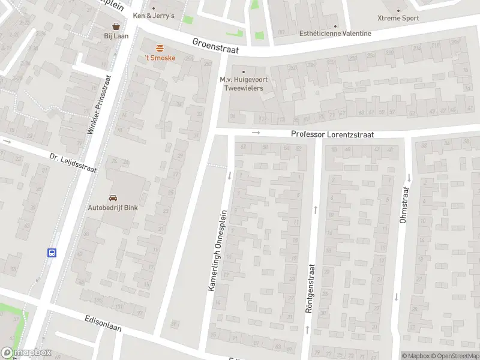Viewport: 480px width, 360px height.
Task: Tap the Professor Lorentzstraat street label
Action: (332, 134)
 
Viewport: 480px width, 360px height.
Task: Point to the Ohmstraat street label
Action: (403, 205)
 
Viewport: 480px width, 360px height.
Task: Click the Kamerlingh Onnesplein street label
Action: (218, 250)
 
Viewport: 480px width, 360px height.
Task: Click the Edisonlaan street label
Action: (104, 322)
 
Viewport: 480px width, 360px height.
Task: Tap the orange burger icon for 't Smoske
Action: (159, 47)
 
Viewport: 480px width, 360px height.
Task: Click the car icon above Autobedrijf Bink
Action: (113, 197)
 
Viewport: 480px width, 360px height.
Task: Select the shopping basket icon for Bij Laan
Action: (116, 26)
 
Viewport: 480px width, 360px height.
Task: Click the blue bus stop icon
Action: (52, 253)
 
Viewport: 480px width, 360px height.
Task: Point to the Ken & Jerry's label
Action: (154, 16)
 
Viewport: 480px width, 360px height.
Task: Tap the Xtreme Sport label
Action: (398, 18)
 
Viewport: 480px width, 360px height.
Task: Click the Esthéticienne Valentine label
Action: (335, 34)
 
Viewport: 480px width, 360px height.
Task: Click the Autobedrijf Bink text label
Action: (113, 208)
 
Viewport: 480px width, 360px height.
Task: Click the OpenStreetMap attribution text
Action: (454, 356)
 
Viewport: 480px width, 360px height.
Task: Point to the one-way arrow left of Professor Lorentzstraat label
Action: (256, 132)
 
